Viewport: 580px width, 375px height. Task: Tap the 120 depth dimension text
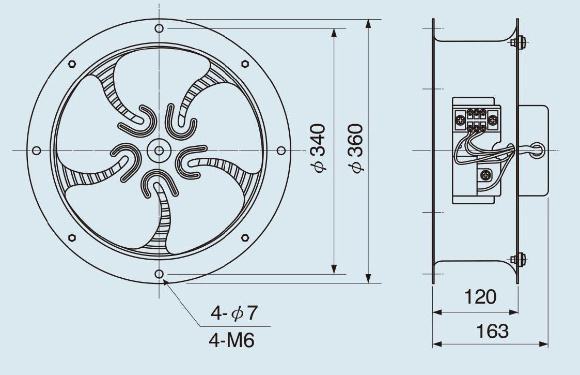pos(480,297)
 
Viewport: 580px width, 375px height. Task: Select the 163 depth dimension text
pos(492,331)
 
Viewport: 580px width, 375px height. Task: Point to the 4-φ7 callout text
pos(233,313)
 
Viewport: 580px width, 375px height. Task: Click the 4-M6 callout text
pos(232,340)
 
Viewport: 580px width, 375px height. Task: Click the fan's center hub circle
pos(159,151)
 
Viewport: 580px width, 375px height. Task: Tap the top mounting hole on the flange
pos(159,28)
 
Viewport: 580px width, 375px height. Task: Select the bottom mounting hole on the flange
pos(159,274)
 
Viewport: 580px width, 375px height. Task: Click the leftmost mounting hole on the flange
pos(36,151)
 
